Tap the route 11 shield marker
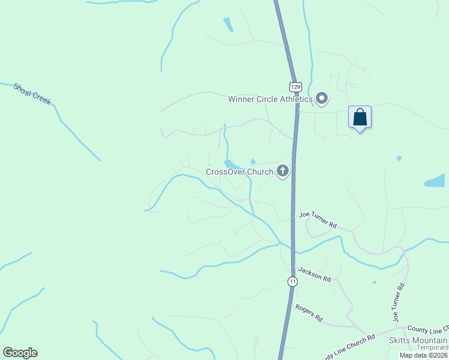pyautogui.click(x=292, y=281)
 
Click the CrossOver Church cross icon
pyautogui.click(x=282, y=172)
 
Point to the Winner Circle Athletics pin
pyautogui.click(x=322, y=98)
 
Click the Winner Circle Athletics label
pyautogui.click(x=270, y=99)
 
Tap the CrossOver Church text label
pyautogui.click(x=240, y=172)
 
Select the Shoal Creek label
pyautogui.click(x=32, y=94)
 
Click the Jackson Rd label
pyautogui.click(x=315, y=275)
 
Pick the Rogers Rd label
pyautogui.click(x=309, y=313)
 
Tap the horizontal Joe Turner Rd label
pyautogui.click(x=318, y=220)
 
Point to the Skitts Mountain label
pyautogui.click(x=418, y=340)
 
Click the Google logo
pyautogui.click(x=20, y=352)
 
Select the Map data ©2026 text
pyautogui.click(x=424, y=355)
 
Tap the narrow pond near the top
pyautogui.click(x=228, y=25)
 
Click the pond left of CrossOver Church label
pyautogui.click(x=229, y=163)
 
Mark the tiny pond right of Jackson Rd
pyautogui.click(x=374, y=282)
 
